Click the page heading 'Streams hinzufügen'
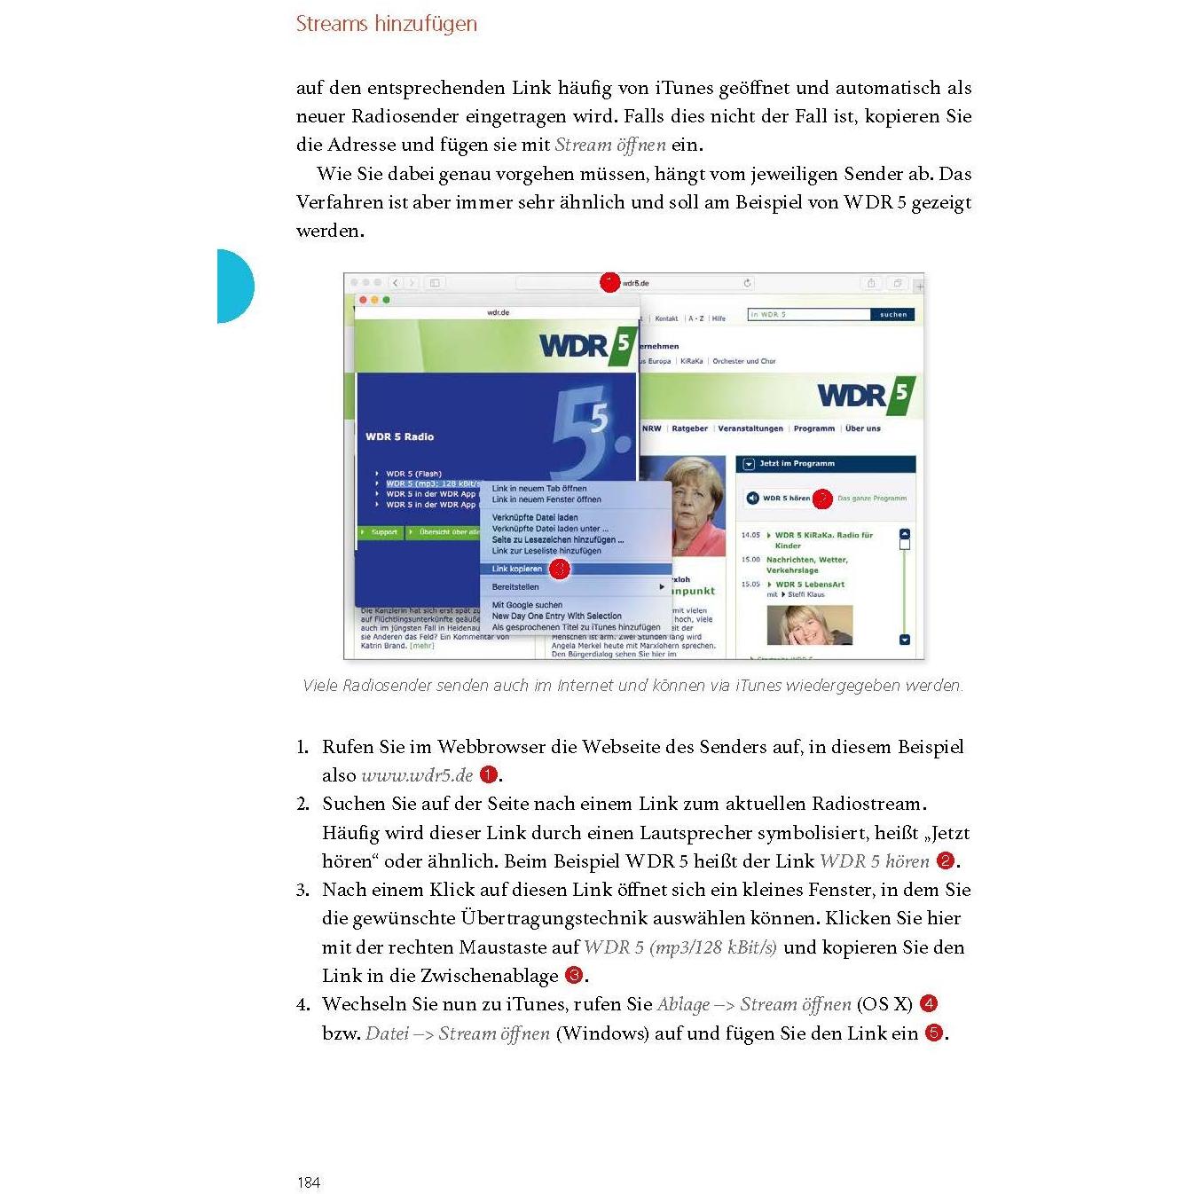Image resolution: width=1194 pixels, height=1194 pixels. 386,24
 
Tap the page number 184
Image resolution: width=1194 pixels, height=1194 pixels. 309,1182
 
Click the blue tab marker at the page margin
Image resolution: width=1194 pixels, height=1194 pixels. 235,286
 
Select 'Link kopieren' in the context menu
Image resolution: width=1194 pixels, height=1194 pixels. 517,569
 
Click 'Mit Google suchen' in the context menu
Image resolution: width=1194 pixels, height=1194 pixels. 527,605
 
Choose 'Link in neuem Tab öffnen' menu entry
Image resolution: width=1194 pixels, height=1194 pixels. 538,488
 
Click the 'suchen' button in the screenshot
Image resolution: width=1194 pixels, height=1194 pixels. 892,314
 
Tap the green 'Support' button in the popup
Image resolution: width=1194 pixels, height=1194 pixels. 381,532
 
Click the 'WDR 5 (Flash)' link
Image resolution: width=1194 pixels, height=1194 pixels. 413,474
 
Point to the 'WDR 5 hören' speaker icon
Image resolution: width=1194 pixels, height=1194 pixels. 752,499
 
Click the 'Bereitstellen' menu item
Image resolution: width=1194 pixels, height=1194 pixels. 515,586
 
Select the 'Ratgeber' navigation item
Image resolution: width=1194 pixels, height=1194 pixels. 689,428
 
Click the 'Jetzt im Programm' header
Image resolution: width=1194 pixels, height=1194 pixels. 797,463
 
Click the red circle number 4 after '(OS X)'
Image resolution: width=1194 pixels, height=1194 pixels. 929,1003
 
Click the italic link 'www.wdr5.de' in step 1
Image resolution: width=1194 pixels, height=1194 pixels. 417,775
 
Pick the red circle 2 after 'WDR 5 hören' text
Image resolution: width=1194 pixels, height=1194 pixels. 946,860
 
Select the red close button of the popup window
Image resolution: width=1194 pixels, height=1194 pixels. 363,300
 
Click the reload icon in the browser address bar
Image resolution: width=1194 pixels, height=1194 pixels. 748,283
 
